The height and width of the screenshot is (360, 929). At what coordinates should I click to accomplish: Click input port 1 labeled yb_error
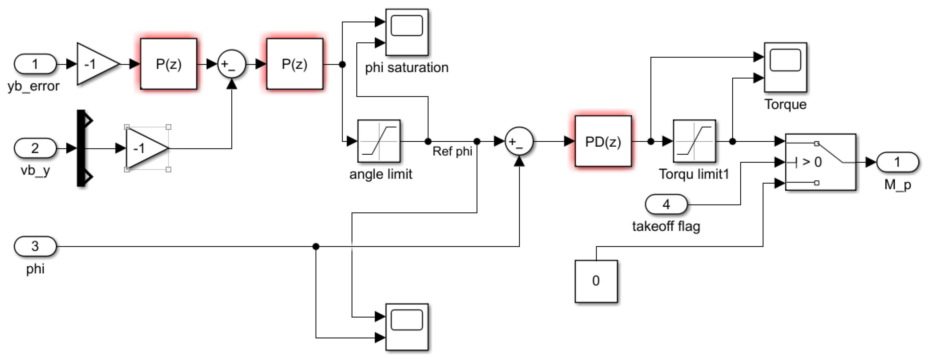(35, 64)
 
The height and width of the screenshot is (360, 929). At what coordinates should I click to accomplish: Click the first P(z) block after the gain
(169, 64)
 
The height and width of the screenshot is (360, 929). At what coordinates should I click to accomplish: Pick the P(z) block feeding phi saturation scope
(294, 64)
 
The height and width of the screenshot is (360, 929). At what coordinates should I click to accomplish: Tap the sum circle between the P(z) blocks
(231, 64)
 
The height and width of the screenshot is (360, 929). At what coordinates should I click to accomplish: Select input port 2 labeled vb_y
(35, 148)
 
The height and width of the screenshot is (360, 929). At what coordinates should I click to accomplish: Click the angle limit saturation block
(379, 141)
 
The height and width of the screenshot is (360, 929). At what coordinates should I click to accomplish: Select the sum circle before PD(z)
(519, 141)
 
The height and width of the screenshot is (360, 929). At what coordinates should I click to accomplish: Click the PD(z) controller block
(603, 141)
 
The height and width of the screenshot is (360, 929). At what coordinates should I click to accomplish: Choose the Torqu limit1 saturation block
(694, 141)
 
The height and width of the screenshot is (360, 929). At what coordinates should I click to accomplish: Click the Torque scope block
(785, 67)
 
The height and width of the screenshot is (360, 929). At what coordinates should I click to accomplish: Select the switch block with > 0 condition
(821, 162)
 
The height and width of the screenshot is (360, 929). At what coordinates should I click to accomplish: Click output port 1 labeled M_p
(897, 162)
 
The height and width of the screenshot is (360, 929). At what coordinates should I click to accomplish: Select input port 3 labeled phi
(35, 246)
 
